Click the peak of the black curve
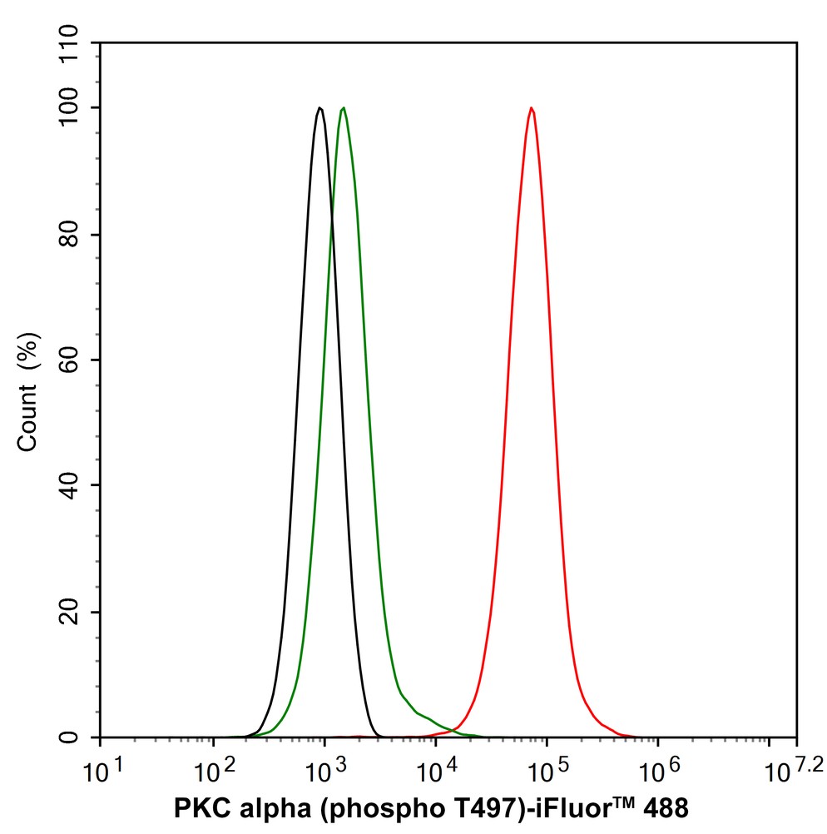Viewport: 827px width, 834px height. [x=319, y=108]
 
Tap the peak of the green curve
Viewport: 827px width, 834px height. [x=343, y=108]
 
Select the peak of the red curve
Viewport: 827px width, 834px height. [x=531, y=108]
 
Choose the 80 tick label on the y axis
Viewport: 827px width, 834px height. [x=79, y=235]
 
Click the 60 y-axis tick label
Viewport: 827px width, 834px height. [x=79, y=360]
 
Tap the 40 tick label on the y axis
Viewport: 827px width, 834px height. [x=79, y=486]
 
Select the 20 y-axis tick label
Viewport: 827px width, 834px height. [x=79, y=612]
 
